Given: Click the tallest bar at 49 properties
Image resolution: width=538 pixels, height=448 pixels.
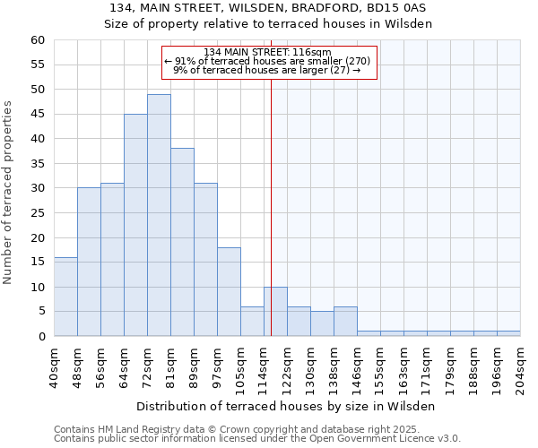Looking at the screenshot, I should (x=159, y=215).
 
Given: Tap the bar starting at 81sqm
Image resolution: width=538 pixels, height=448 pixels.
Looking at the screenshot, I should (x=182, y=242).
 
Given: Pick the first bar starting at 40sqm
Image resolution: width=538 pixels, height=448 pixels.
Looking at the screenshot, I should (x=65, y=297).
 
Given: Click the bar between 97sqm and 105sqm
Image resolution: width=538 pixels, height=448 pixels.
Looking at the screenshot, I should (x=229, y=291).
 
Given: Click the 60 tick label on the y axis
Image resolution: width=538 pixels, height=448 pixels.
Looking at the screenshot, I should (x=37, y=40).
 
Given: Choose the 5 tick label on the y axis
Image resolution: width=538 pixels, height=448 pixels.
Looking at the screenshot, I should (x=40, y=312).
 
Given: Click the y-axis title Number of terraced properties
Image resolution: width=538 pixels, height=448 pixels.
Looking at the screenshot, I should (x=9, y=192).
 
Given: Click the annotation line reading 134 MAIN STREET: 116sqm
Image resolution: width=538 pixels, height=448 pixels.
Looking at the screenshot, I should (x=268, y=52).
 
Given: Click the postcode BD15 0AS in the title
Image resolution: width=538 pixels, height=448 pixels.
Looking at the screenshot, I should (x=398, y=8).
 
